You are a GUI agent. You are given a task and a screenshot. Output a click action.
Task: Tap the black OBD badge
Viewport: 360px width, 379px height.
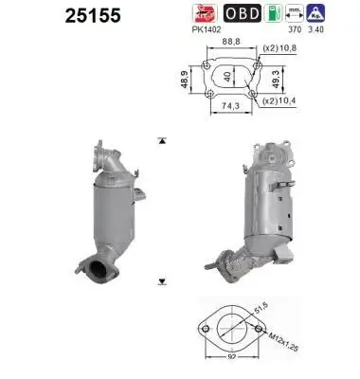[239, 15]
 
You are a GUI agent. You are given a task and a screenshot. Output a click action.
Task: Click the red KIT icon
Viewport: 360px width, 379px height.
[207, 14]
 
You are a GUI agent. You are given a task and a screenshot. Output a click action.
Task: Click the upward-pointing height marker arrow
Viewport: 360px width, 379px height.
[162, 140]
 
